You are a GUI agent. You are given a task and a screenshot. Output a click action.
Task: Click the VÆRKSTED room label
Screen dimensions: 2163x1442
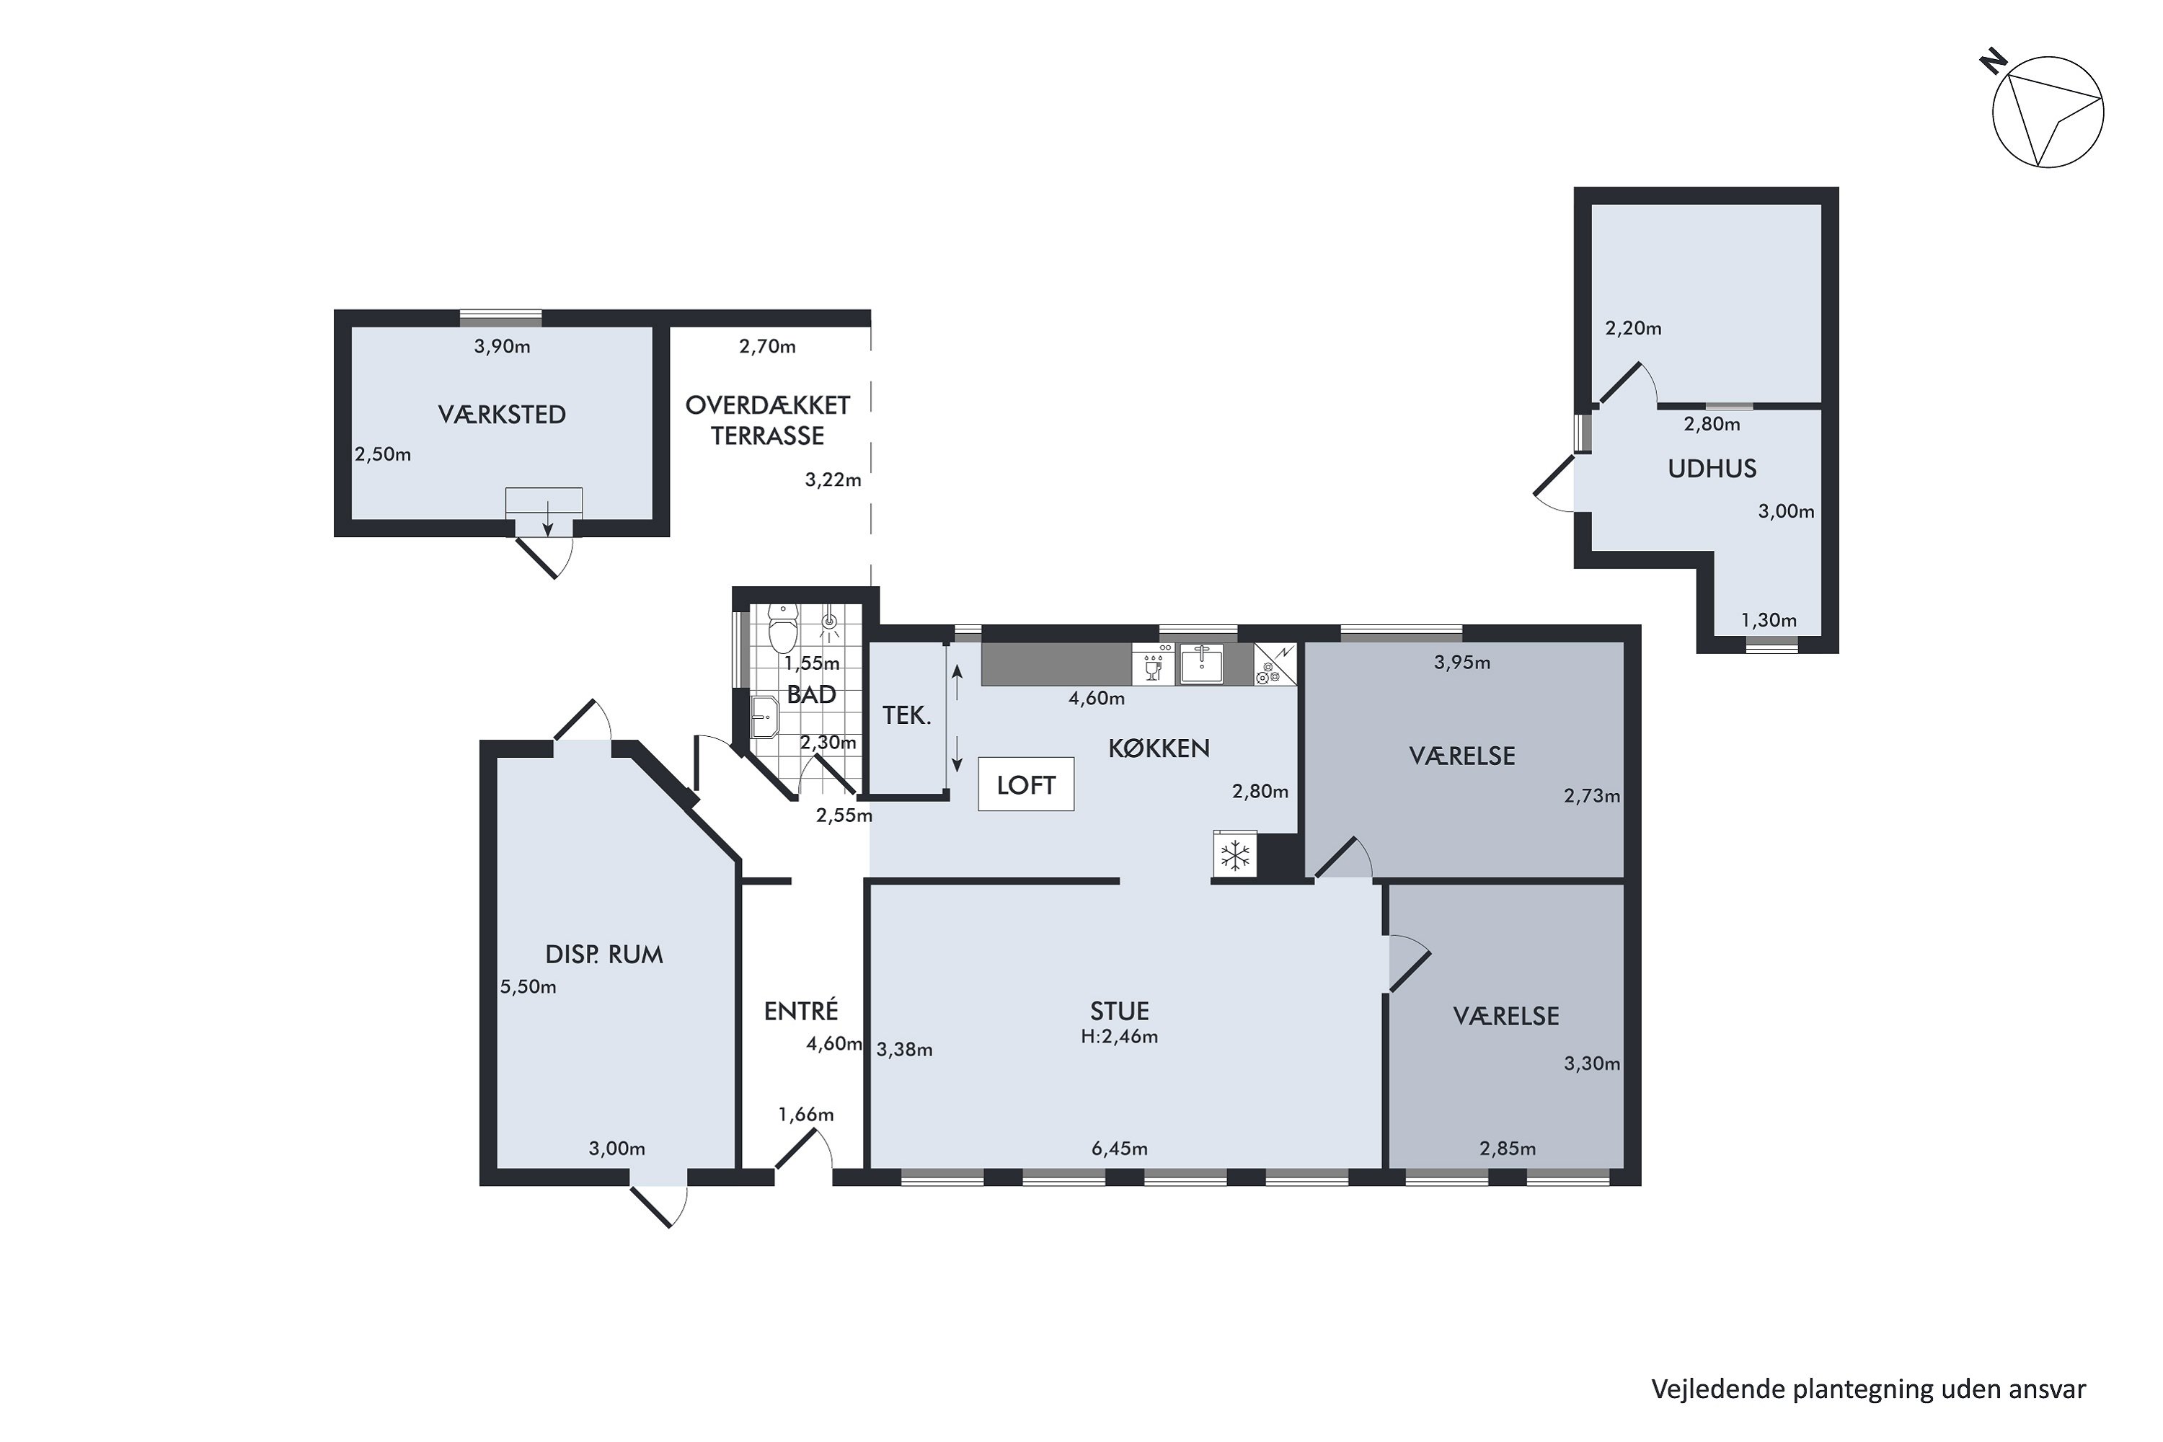coord(501,415)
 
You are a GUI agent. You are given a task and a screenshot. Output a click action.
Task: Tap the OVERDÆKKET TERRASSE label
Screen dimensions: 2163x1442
coord(768,420)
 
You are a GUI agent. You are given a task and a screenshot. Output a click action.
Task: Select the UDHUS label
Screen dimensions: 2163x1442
coord(1712,469)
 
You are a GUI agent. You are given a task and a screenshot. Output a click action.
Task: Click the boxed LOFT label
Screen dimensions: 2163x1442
coord(1025,784)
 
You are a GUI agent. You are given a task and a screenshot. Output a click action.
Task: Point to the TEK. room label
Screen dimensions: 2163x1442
coord(907,715)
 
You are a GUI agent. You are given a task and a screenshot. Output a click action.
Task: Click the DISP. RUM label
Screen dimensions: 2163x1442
coord(603,955)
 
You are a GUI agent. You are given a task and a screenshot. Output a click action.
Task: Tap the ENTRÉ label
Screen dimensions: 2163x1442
coord(801,1011)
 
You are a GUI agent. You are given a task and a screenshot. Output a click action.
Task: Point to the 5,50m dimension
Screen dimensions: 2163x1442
coord(528,987)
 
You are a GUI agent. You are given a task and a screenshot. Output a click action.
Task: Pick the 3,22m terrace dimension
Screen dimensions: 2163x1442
coord(833,479)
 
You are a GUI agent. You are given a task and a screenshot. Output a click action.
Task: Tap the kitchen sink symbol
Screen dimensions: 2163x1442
coord(1202,664)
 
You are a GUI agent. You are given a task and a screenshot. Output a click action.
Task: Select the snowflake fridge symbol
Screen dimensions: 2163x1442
coord(1234,855)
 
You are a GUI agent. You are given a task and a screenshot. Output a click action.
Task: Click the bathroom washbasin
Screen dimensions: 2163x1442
coord(765,717)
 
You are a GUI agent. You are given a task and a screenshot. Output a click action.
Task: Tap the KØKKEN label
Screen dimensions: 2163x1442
coord(1159,748)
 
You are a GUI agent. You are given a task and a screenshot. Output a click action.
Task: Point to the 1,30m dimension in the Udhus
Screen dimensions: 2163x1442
coord(1769,621)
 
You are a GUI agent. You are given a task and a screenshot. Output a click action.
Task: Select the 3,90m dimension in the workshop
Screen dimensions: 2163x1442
coord(502,347)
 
